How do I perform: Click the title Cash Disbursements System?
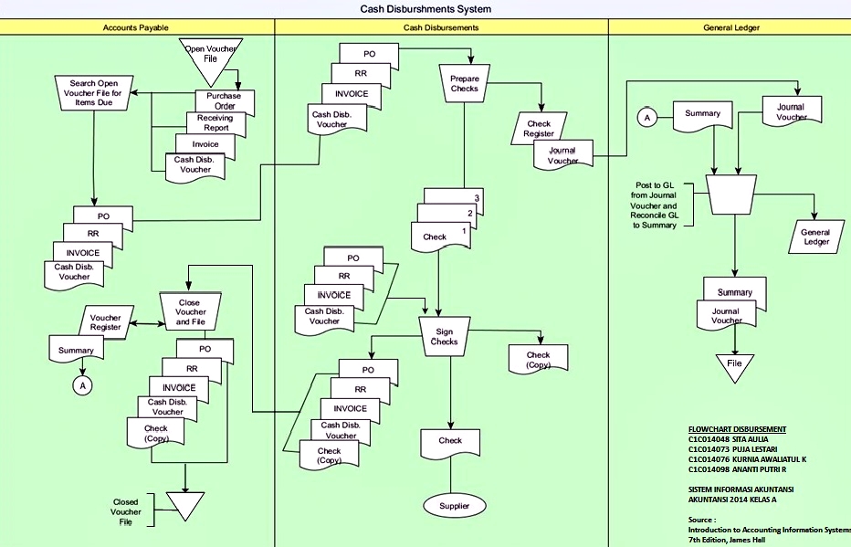[425, 9]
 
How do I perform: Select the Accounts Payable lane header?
[137, 28]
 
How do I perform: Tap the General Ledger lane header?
[730, 28]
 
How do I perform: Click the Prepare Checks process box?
[464, 83]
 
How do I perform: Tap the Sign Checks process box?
[444, 336]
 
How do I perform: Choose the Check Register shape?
[539, 129]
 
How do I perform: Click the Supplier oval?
[454, 505]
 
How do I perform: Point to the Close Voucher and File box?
[190, 312]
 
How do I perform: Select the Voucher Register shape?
[105, 321]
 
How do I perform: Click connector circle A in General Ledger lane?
[647, 118]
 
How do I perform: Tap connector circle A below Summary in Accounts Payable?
[83, 385]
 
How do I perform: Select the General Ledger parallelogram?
[814, 237]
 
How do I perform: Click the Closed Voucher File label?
[126, 511]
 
